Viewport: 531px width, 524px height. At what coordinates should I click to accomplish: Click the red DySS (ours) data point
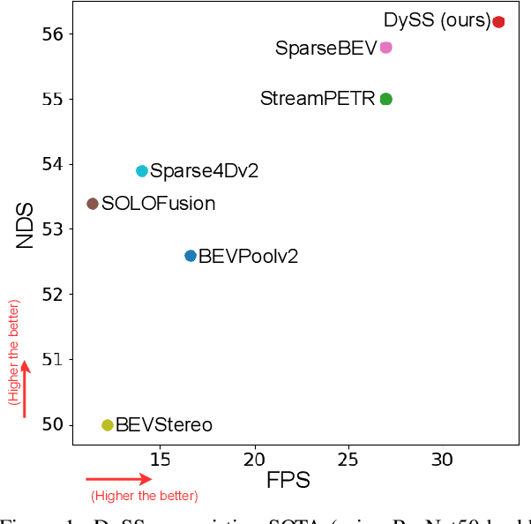click(498, 22)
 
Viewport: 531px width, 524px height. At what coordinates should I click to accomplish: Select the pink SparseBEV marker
click(385, 48)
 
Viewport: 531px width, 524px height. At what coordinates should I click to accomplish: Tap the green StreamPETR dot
click(385, 99)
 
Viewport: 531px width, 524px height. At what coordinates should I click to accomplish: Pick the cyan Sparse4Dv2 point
click(142, 171)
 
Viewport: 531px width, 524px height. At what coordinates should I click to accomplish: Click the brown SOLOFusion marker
click(93, 204)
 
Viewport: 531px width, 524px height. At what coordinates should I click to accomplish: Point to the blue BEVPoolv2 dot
click(191, 256)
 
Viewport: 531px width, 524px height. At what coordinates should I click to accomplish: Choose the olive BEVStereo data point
click(108, 425)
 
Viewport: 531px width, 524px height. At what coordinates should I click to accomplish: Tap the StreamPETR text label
click(318, 99)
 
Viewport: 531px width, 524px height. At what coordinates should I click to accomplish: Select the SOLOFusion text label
click(158, 204)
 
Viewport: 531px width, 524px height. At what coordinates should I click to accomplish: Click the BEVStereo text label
click(164, 425)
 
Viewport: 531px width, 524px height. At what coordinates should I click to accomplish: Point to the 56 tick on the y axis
click(53, 34)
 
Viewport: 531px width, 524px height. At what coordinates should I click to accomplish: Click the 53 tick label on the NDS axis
click(53, 229)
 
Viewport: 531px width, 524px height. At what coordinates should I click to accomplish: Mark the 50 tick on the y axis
click(53, 424)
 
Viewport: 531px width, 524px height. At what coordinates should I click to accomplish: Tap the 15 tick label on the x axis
click(161, 459)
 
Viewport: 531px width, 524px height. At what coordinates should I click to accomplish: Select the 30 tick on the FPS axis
click(443, 459)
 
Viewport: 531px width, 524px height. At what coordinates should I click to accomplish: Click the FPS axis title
click(288, 482)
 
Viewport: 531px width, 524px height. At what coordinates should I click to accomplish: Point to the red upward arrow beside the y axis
click(25, 388)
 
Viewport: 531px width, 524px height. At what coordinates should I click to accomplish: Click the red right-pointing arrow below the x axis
click(119, 479)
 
